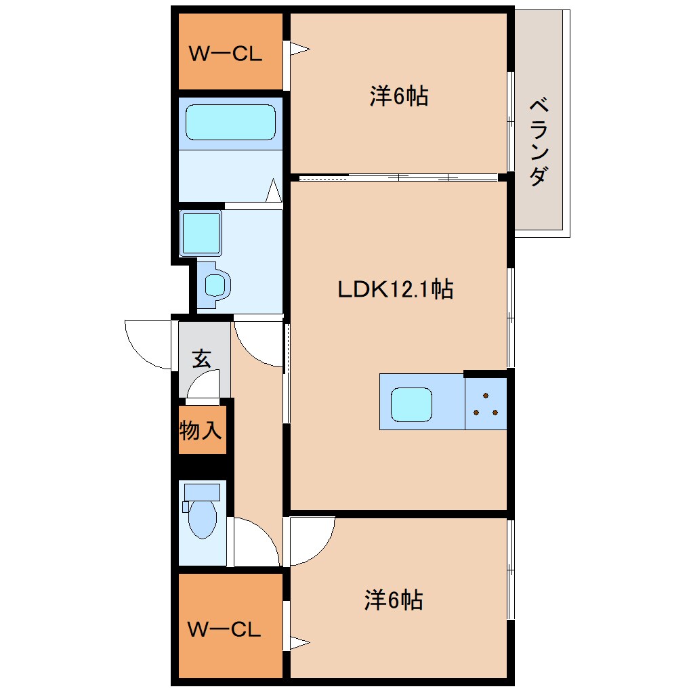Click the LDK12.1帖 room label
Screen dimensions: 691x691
(x=396, y=290)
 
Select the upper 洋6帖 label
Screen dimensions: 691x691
(x=398, y=96)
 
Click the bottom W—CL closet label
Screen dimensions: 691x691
(x=224, y=630)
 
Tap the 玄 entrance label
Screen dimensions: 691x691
(x=201, y=358)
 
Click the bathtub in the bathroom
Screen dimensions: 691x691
(x=230, y=122)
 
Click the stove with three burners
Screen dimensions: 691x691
(x=486, y=404)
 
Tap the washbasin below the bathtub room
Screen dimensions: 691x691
(x=215, y=285)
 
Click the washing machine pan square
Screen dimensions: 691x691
(x=201, y=233)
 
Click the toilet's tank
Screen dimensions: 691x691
(x=201, y=492)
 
